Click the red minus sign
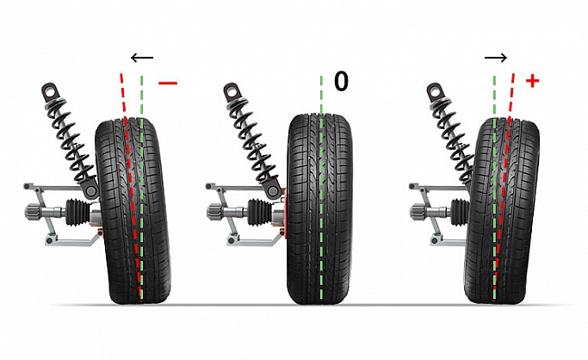[168, 83]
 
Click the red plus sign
[533, 81]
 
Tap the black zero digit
[341, 81]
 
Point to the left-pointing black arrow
[142, 58]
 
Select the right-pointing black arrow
[496, 58]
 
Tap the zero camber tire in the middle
[320, 209]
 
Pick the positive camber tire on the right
[502, 211]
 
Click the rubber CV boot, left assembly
[78, 213]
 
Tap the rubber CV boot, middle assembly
[260, 213]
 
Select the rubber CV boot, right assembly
[461, 213]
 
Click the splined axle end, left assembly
[33, 211]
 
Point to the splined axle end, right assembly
[418, 211]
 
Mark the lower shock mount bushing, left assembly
[90, 190]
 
